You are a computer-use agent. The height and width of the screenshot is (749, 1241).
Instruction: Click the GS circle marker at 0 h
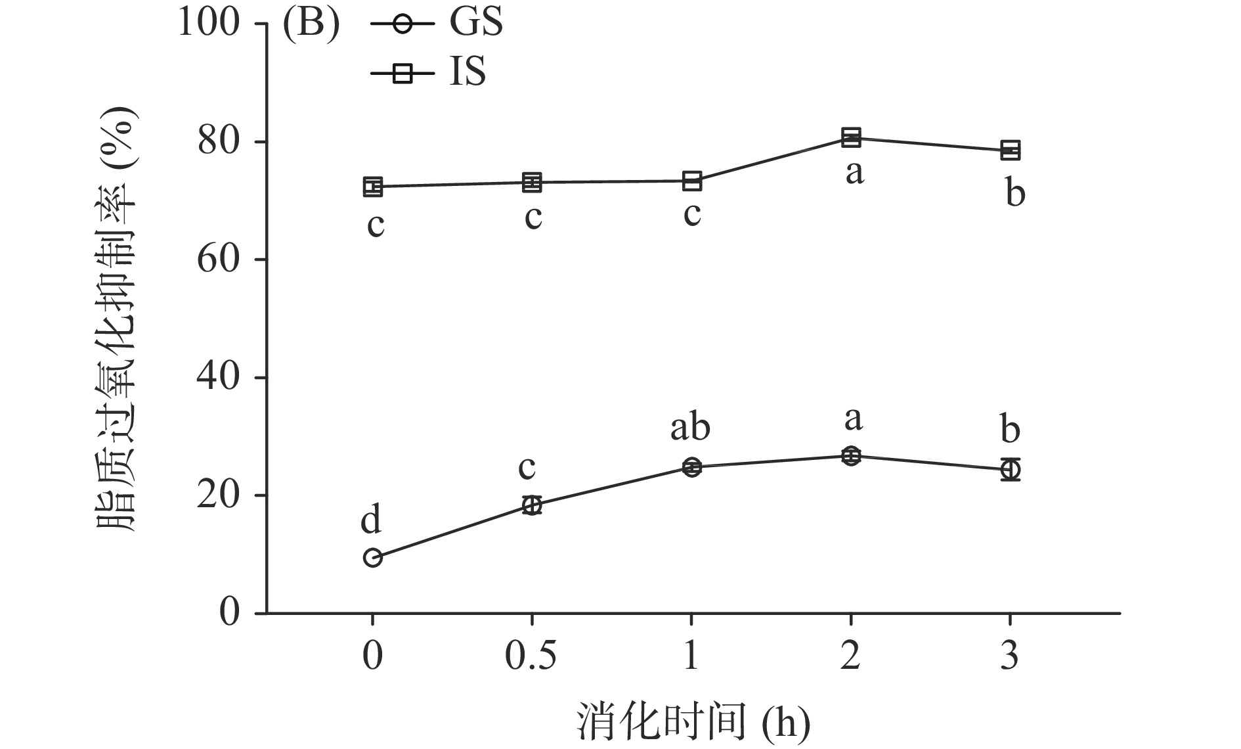[372, 558]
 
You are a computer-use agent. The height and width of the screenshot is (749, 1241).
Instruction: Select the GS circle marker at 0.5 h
[532, 505]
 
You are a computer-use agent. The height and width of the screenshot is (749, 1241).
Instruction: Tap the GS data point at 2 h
[851, 456]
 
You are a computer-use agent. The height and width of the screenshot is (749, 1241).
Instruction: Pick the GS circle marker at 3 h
[1011, 469]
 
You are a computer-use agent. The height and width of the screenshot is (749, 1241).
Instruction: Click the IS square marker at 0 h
[373, 187]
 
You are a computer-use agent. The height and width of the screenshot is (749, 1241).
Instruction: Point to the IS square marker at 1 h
[692, 181]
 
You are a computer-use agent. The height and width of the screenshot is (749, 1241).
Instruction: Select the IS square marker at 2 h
[852, 137]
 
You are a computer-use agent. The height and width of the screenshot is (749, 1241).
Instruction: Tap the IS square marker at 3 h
[1011, 150]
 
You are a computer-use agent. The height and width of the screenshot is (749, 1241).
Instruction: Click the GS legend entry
[437, 24]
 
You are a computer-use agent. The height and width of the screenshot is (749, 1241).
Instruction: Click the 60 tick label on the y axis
[218, 260]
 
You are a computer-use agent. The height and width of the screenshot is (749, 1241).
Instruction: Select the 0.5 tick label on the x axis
[531, 656]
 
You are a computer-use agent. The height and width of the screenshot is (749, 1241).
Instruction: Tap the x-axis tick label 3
[1010, 656]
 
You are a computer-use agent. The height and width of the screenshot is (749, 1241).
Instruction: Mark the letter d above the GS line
[371, 520]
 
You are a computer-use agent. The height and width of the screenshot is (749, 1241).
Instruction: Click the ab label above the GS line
[690, 427]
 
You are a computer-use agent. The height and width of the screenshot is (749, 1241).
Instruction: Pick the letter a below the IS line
[854, 173]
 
